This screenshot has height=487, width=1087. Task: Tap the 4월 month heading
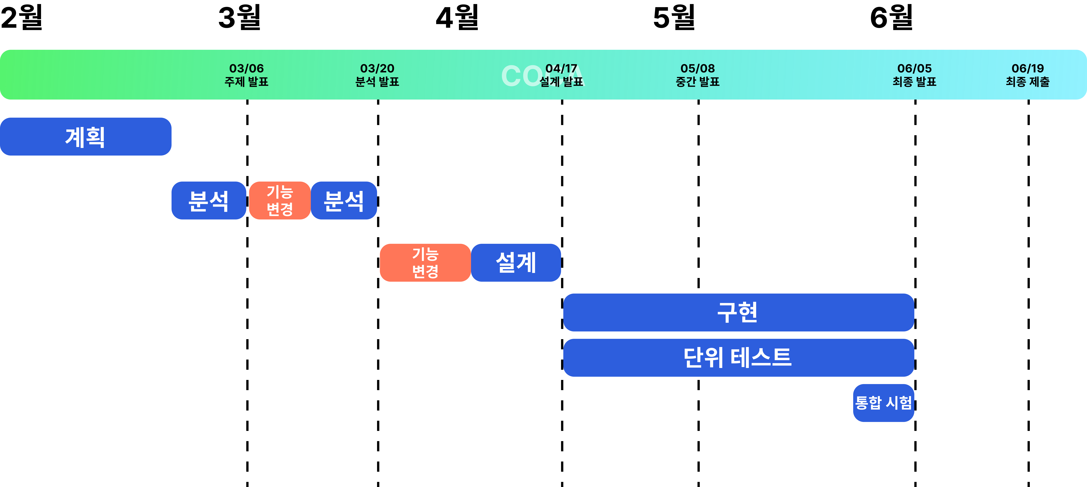(x=457, y=18)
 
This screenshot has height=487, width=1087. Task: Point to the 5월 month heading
(x=674, y=18)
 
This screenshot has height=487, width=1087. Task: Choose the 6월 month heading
(x=891, y=18)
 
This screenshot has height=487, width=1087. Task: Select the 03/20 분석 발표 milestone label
(x=377, y=75)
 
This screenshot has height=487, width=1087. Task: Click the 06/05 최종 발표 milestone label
(x=914, y=75)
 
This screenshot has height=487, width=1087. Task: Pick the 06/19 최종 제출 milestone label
(x=1028, y=75)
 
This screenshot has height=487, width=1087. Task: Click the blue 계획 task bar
(x=86, y=137)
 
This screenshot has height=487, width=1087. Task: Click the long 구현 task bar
(x=738, y=313)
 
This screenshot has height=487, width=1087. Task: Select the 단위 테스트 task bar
(x=738, y=358)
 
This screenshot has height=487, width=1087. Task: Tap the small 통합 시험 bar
(x=883, y=403)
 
